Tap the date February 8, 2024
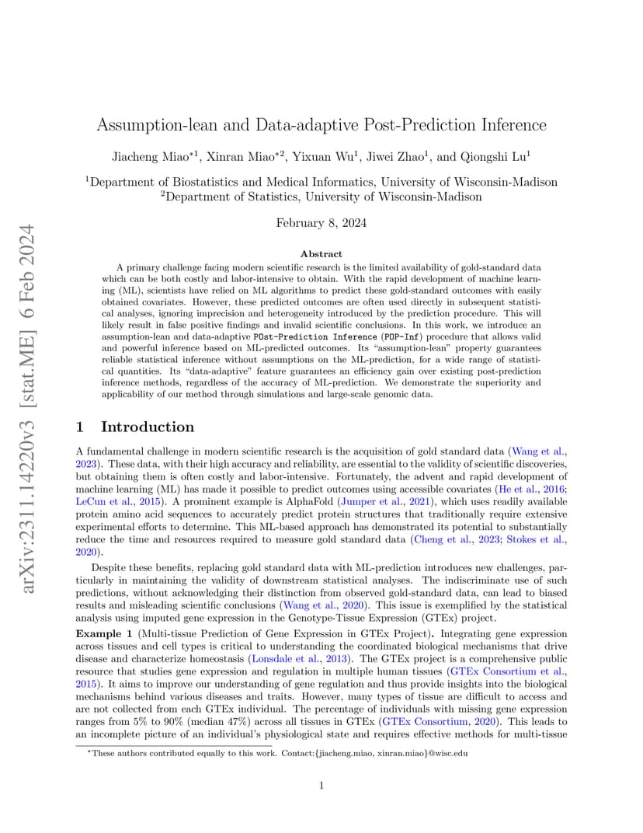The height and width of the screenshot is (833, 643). tap(321, 223)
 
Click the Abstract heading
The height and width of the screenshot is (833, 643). tap(321, 254)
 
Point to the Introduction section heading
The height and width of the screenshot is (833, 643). tap(148, 427)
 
